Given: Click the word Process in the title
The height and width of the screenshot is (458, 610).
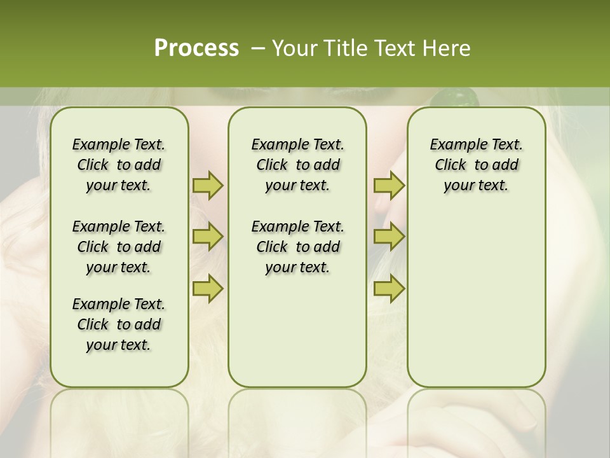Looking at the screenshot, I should point(196,48).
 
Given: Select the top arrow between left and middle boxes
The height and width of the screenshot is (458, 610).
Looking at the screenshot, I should point(208,185).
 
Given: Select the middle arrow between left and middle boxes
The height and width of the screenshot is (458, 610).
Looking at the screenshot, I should point(208,237).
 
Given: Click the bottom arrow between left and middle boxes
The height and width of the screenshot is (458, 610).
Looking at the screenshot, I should point(208,288).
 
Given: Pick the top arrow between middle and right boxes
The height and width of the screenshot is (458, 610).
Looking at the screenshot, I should point(389,185).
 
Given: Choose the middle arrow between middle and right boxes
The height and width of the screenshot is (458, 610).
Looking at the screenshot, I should point(389,237).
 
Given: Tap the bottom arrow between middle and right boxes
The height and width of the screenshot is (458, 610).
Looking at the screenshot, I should point(389,288).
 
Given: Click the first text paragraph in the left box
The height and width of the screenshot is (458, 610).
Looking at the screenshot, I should point(119,165).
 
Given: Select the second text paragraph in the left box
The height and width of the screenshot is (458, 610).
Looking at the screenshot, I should point(119,247).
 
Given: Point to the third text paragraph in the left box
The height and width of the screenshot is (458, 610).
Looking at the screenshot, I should point(119,324).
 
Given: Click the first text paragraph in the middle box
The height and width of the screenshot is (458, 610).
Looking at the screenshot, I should point(297,165).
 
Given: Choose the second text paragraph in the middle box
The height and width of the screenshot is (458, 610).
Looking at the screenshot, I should point(297,247).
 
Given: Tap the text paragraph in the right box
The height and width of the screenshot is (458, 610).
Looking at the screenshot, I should point(476,165).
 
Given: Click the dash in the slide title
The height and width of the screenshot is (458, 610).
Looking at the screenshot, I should point(258,49).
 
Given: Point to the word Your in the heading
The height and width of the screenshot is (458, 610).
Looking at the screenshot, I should point(294,48).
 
